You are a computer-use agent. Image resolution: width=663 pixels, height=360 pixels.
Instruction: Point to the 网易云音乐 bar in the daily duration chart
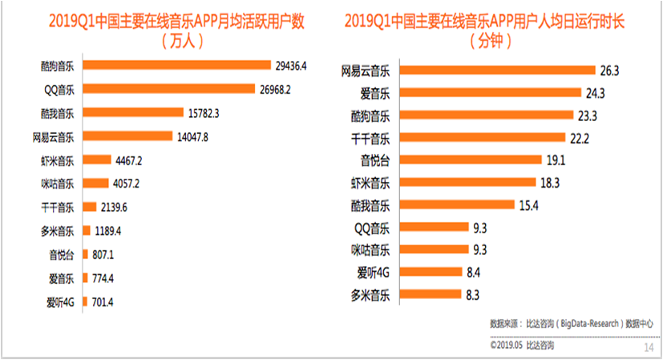[x=497, y=71]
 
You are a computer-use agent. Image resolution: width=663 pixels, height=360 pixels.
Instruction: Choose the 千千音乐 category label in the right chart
[x=370, y=138]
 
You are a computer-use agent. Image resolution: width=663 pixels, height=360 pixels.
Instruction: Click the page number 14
[x=649, y=348]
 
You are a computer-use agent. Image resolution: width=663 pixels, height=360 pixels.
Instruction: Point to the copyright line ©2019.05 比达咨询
[x=522, y=346]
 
